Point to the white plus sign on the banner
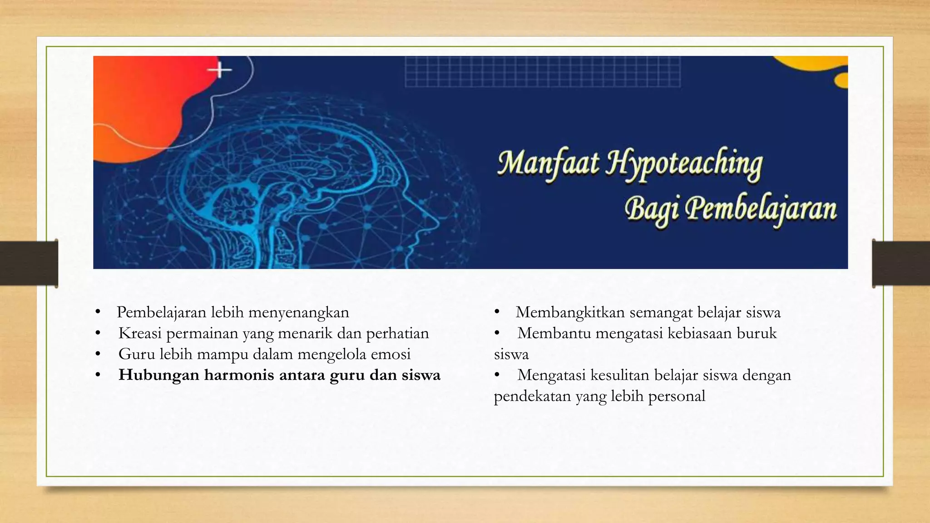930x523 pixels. tap(220, 70)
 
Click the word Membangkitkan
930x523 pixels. tap(570, 313)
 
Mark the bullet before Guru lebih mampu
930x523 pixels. tap(98, 354)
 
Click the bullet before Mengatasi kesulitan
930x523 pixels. tap(497, 375)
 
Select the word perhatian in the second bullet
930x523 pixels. tap(397, 334)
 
